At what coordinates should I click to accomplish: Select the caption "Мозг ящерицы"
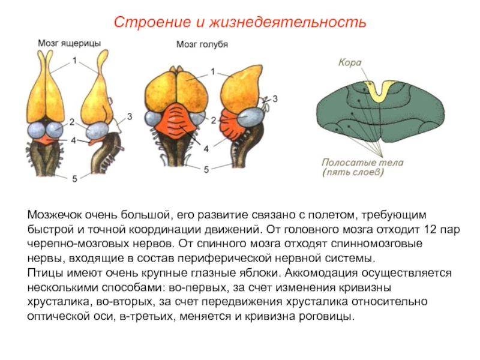coord(68,43)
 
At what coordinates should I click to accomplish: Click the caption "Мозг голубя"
coord(202,44)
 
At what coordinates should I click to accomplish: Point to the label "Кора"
coord(349,61)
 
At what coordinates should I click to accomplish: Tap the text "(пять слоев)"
coord(353,172)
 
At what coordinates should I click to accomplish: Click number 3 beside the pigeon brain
coord(275,97)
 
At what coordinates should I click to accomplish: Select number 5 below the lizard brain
coord(74,178)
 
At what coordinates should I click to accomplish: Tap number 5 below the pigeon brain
coord(206,170)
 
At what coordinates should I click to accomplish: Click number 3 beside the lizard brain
coord(129,115)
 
